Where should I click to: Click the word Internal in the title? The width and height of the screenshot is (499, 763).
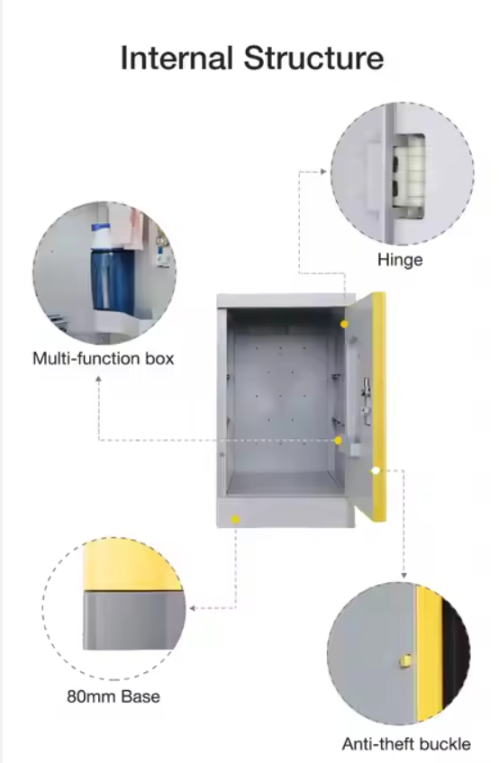coord(176,58)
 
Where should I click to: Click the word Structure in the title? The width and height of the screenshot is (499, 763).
coord(314,58)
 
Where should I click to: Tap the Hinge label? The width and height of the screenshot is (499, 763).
coord(400,260)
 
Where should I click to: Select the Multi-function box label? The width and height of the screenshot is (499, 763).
coord(104,359)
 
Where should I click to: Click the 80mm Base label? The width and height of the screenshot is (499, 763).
coord(113,696)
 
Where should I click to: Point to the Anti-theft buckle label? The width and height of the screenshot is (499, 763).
coord(406,743)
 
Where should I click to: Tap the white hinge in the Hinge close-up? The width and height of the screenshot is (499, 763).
coord(409,175)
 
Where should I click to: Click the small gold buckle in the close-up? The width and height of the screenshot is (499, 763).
coord(405,660)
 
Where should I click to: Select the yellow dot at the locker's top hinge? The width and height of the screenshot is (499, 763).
coord(344,324)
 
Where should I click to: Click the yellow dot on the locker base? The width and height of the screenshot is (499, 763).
coord(236,519)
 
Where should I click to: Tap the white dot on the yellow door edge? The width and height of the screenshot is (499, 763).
coord(376,471)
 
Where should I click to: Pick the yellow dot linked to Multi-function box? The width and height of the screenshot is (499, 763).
coord(338,440)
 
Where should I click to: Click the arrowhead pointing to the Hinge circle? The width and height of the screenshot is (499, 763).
coord(323,171)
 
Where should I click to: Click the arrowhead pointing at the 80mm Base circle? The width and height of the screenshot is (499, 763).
coord(192,607)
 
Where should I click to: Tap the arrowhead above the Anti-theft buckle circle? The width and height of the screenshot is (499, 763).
coord(404,576)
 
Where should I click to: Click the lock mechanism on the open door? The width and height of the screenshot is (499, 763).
coord(366,400)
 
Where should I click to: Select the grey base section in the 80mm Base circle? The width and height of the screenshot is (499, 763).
coord(133,620)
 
